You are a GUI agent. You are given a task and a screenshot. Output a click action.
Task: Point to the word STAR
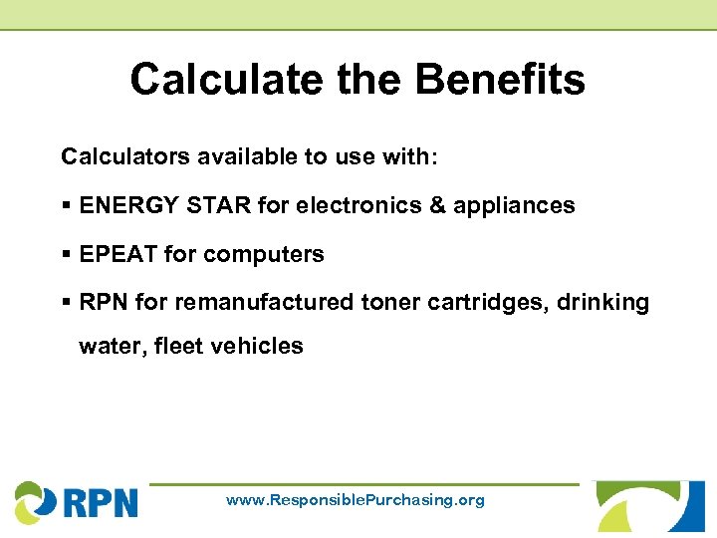218,205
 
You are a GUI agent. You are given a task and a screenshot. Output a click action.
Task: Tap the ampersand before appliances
439,205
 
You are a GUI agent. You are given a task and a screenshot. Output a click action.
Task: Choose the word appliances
514,206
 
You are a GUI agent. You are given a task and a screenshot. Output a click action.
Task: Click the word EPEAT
118,254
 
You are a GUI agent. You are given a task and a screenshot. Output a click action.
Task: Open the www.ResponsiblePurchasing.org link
356,500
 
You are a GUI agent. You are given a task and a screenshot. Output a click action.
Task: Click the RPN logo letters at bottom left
101,501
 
